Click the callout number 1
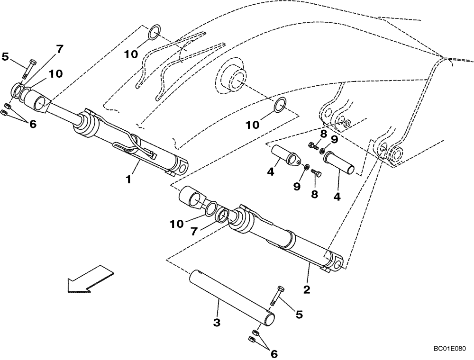(128, 180)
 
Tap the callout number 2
(307, 288)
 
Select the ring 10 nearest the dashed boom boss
(280, 104)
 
